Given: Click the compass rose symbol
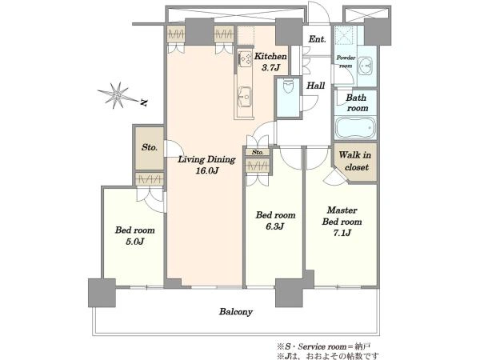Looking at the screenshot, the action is coord(117,95).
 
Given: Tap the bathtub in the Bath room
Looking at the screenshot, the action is coord(355,128).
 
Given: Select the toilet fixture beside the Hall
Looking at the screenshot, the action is coord(288,86).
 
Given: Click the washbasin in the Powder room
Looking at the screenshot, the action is coord(365,66).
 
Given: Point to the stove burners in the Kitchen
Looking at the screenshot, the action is coord(246,58).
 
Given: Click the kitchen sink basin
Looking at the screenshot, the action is coord(246,97).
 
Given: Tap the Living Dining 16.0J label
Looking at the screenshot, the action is coord(207,165).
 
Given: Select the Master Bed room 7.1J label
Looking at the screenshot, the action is coord(342,222).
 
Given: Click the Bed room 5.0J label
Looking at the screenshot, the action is coord(134,236).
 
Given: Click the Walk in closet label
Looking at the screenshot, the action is coord(355,161).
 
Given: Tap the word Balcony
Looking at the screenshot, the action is coord(236,312).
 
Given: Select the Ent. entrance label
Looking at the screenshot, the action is coord(317,39).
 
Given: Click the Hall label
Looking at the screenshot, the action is coord(316,86).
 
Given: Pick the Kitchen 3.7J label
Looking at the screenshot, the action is coord(270,62).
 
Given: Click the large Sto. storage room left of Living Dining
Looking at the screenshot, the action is coord(150,148).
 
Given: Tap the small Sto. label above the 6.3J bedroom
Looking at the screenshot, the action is coord(258,152).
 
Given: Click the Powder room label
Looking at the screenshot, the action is coord(346,62).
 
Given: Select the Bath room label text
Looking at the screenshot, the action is coord(358,103).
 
